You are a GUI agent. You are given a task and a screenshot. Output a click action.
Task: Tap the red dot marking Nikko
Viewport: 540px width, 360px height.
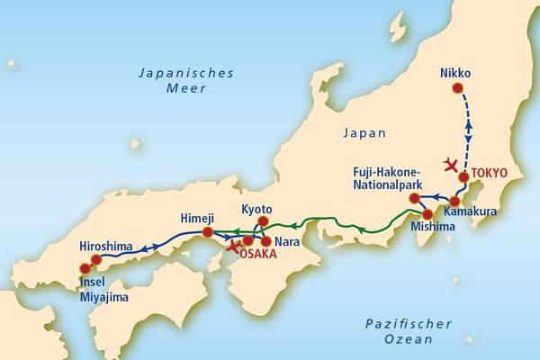point(457,88)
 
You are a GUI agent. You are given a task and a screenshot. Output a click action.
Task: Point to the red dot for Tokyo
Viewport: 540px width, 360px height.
point(463,177)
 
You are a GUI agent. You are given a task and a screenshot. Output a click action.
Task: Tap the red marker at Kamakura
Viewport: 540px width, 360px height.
point(454,201)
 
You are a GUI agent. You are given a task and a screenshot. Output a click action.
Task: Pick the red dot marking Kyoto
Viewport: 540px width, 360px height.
point(264,221)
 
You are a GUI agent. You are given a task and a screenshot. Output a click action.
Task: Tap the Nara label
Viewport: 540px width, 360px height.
point(286,241)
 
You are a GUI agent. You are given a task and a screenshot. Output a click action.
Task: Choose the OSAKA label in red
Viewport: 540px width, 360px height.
point(258,255)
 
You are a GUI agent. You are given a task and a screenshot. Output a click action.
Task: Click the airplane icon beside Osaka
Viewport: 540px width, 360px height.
point(236,245)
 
